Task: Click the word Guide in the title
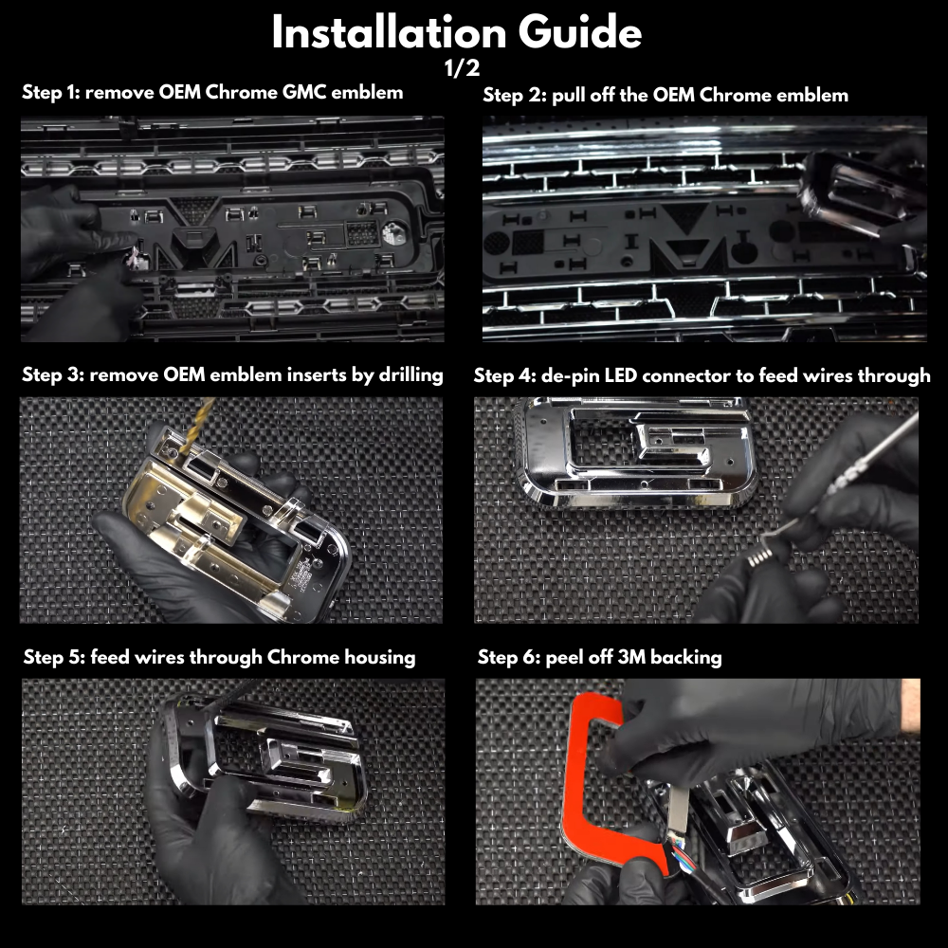580,32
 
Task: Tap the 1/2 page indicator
463,67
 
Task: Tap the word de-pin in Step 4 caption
568,376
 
